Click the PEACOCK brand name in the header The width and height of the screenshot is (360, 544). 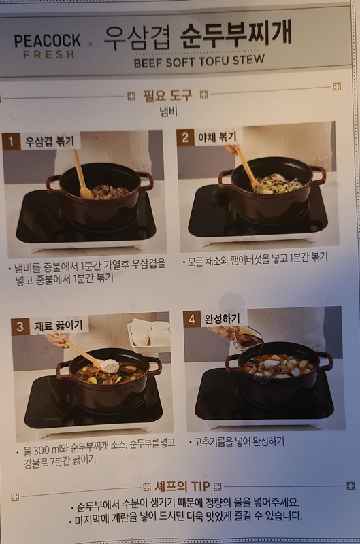tap(48, 41)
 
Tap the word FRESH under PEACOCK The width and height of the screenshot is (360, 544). tap(48, 54)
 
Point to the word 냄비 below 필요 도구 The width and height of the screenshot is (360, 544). tap(168, 111)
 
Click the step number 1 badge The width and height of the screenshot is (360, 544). tap(11, 141)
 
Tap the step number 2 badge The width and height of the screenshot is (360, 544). tap(185, 137)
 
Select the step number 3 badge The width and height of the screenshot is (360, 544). tap(20, 326)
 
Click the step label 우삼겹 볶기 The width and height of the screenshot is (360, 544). tap(50, 141)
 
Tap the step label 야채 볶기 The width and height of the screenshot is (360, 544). tap(216, 137)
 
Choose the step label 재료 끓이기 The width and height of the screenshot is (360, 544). tap(58, 326)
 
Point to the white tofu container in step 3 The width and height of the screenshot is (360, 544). tap(150, 333)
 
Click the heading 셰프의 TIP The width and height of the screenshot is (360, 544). tap(181, 487)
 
